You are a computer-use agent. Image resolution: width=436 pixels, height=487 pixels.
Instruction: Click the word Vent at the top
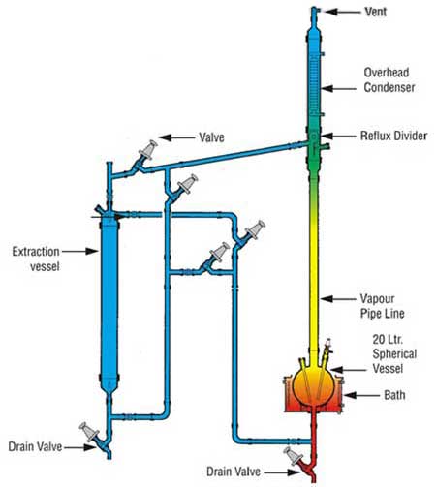376,12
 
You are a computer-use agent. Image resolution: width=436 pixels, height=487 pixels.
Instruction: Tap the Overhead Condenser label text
389,79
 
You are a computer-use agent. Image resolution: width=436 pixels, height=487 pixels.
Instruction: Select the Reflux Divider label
393,136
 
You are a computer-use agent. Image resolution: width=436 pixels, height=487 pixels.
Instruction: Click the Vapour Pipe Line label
383,306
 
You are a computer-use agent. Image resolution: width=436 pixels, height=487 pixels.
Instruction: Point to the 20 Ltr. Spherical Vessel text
394,353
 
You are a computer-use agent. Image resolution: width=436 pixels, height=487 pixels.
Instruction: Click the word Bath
394,395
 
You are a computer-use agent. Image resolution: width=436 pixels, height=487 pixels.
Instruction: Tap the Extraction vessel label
36,259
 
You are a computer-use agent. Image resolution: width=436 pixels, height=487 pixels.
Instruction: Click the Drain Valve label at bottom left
35,446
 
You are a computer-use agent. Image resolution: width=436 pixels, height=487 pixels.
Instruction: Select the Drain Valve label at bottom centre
234,472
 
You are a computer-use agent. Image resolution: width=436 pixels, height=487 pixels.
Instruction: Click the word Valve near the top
211,137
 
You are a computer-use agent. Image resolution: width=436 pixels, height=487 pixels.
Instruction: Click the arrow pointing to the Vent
343,12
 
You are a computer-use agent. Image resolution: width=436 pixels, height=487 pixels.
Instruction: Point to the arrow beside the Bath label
361,395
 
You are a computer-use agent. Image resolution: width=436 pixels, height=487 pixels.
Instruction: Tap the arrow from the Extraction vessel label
79,251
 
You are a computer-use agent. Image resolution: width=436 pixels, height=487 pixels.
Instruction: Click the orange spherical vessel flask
314,384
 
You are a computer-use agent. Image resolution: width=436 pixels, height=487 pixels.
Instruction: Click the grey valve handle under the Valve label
148,150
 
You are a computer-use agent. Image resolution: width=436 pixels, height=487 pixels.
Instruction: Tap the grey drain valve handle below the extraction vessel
89,432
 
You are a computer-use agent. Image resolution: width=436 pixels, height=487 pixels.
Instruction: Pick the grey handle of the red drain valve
293,456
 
